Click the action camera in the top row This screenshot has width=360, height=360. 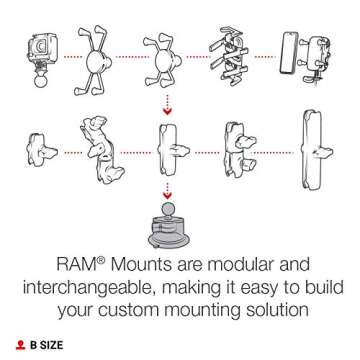41,44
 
